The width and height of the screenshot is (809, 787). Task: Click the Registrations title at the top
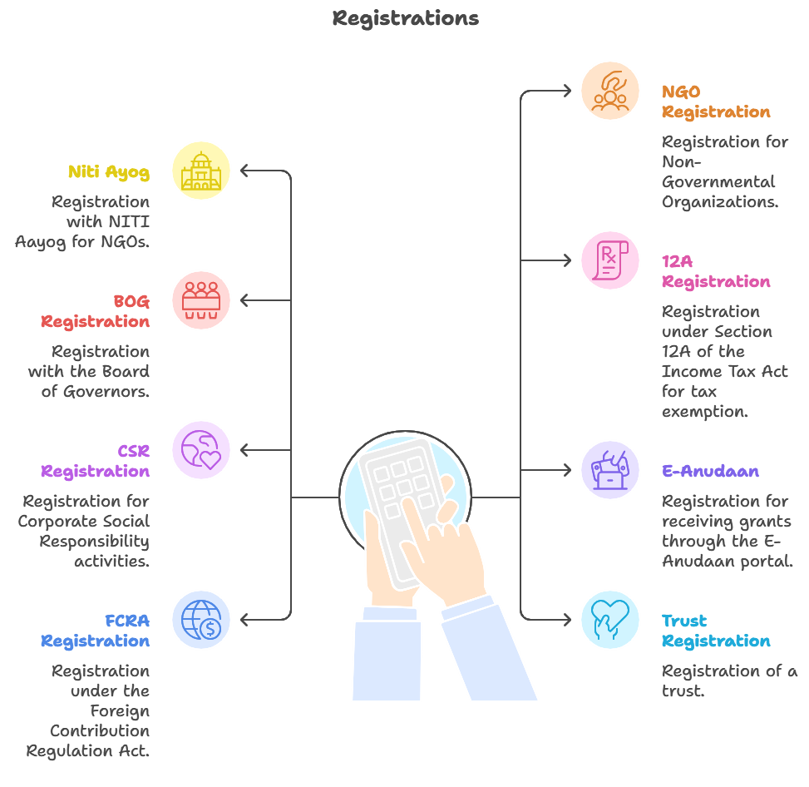click(405, 17)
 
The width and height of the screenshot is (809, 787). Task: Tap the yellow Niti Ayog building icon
click(201, 171)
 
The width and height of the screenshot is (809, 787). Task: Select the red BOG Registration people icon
click(201, 300)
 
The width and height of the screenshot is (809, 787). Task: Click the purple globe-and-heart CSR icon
click(201, 450)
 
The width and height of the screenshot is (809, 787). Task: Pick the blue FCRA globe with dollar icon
click(201, 620)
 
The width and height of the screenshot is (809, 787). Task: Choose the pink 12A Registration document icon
click(609, 260)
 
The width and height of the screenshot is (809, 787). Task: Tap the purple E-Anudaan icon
click(609, 470)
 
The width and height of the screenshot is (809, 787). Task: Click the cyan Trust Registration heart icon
click(609, 620)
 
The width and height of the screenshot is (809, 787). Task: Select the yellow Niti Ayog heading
click(109, 172)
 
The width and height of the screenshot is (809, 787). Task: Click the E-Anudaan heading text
click(710, 471)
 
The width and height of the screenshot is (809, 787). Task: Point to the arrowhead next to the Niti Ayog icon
click(245, 171)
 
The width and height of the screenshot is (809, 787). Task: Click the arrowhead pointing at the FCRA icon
click(245, 620)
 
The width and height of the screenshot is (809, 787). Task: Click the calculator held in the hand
click(403, 507)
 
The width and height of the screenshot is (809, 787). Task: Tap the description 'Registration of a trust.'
click(729, 681)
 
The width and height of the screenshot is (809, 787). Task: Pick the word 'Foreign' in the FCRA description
click(121, 710)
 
